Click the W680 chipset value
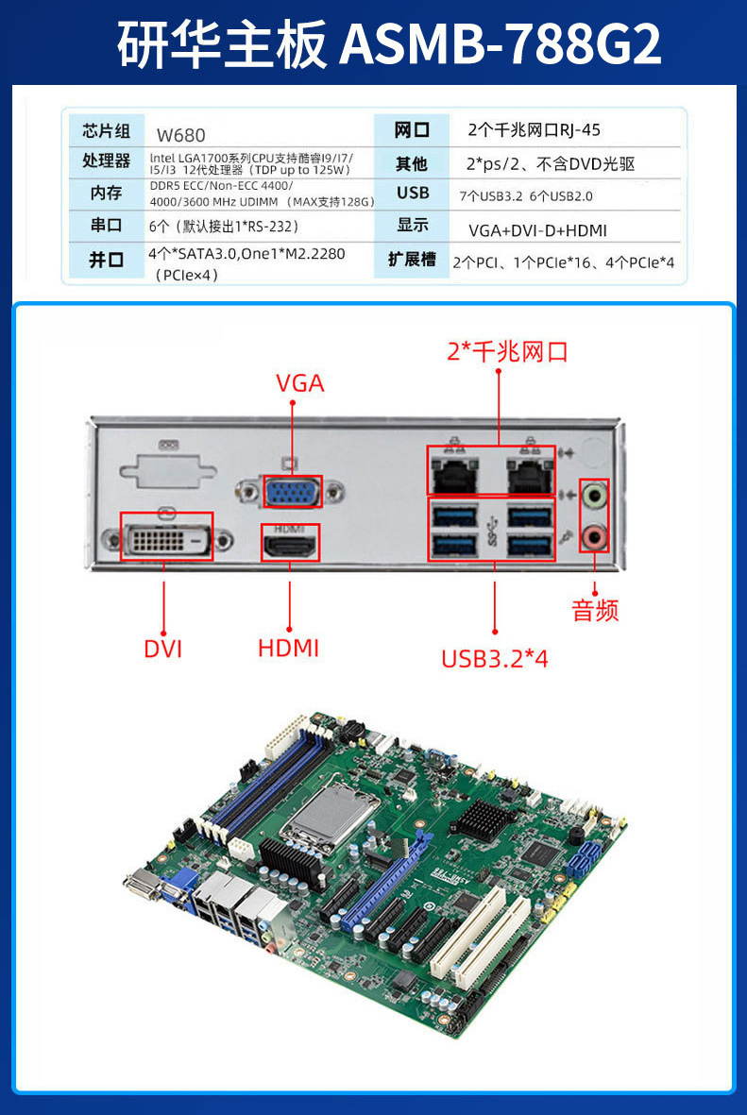tap(180, 135)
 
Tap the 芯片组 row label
tap(106, 130)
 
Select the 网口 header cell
tap(412, 130)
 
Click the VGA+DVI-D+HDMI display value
tap(536, 230)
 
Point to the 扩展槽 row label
tap(412, 259)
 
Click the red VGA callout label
tap(299, 383)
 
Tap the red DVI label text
tap(163, 650)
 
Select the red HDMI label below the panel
tap(288, 649)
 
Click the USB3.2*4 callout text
tap(494, 658)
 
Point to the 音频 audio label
tap(595, 610)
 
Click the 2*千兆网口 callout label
tap(507, 352)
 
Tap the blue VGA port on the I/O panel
tap(292, 494)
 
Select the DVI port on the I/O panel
tap(166, 537)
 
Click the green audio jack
tap(594, 495)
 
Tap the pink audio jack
tap(594, 537)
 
